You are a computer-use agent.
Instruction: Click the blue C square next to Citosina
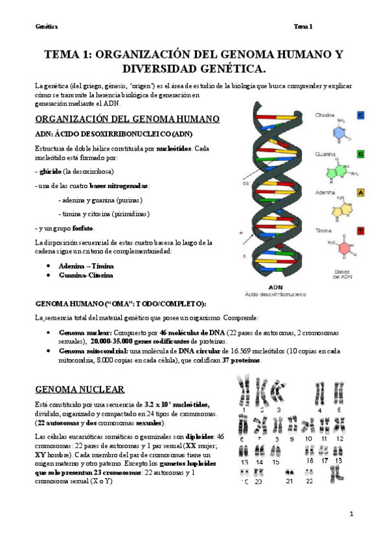[x=360, y=115]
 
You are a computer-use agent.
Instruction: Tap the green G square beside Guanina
[x=360, y=154]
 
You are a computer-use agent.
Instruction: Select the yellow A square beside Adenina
[x=360, y=193]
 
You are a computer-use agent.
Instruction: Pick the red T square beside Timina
[x=360, y=230]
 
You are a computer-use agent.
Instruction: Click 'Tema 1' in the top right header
[x=303, y=27]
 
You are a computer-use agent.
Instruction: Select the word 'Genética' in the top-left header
[x=47, y=27]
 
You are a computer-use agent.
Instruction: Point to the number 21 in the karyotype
[x=290, y=481]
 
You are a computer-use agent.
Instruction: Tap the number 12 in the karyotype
[x=339, y=439]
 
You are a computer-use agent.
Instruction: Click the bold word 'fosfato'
[x=83, y=228]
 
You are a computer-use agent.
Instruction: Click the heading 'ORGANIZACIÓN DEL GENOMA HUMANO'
[x=127, y=119]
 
